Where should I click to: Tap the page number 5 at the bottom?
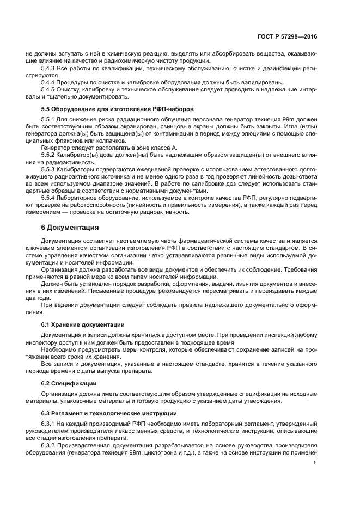coord(315,463)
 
